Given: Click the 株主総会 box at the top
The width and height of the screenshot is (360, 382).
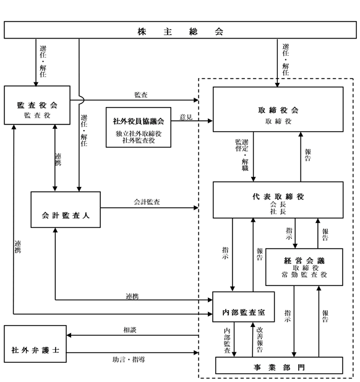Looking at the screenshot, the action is pos(180,30).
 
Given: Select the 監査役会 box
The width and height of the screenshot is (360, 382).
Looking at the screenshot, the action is pos(37,105).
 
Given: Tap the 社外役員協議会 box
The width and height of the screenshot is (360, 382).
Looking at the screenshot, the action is pos(139,128).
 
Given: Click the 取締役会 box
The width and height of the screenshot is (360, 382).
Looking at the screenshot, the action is pos(278,110).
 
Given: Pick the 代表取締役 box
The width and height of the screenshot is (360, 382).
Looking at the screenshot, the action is pos(278,200).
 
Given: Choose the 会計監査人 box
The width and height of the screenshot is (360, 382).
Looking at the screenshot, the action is pos(66,210).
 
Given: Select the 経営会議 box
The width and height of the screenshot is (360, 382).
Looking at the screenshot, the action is pos(304,267).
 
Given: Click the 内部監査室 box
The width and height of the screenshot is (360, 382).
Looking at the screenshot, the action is pos(244,307).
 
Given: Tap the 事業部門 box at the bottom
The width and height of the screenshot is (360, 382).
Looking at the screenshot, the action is pos(279,365).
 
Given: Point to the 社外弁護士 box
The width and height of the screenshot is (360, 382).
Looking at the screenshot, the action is pos(35,344).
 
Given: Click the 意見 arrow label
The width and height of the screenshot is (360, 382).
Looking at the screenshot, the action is pos(186,118).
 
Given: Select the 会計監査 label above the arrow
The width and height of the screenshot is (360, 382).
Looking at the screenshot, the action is pos(147,202).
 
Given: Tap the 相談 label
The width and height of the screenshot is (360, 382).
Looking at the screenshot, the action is pos(130,330).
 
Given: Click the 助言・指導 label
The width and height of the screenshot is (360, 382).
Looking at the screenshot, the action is pos(129,360).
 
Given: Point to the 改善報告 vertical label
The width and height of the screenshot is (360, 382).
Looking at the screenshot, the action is pos(260,340).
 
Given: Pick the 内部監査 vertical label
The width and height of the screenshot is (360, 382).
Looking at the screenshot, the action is pos(227,341).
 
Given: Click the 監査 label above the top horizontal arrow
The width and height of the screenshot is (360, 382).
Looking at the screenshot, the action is pos(141,95).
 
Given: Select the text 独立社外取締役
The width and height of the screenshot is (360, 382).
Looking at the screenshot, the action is pos(139,134).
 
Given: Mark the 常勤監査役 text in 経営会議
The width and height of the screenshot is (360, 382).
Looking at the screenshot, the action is pos(304,275).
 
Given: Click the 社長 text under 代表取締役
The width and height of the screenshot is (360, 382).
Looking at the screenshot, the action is pos(278,211).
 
